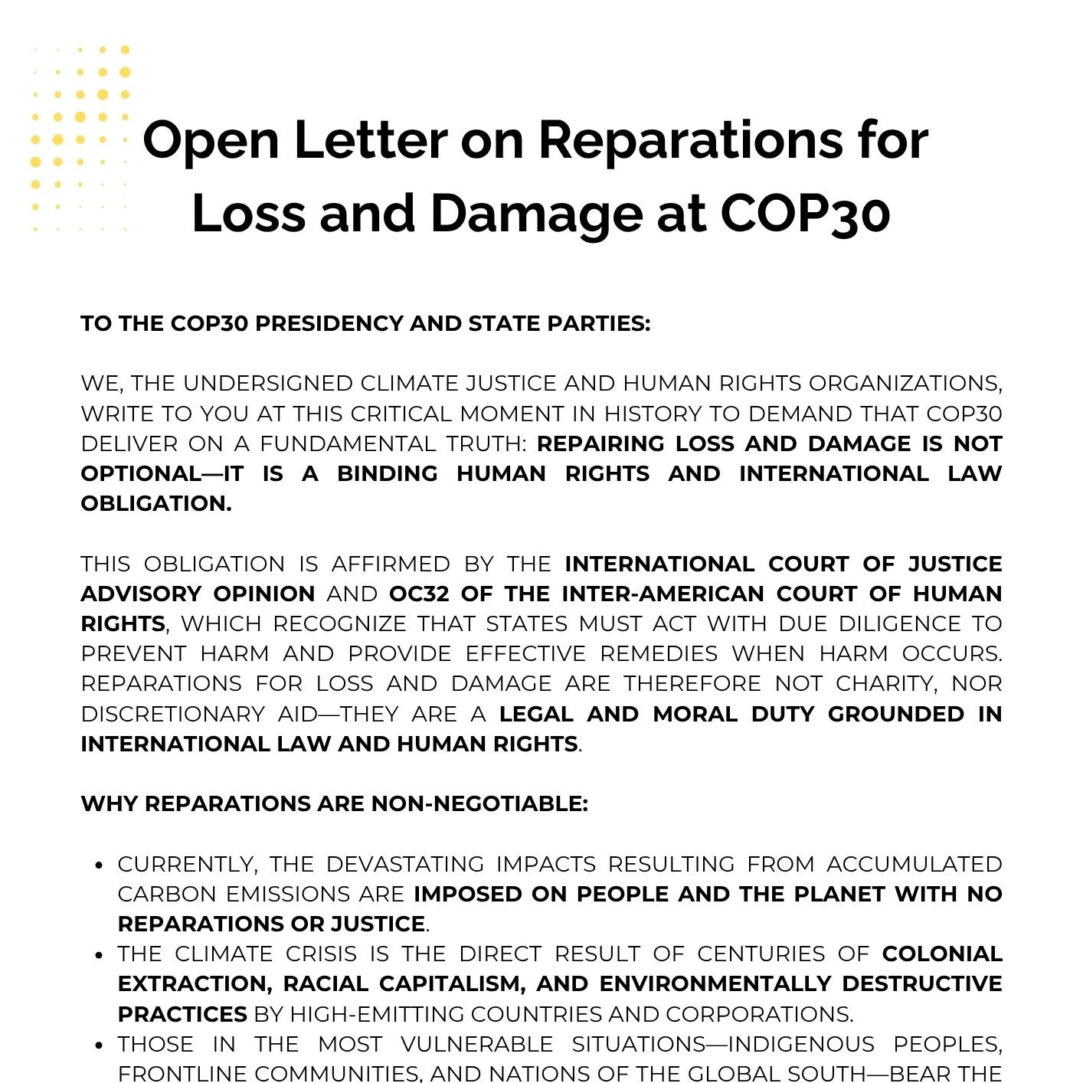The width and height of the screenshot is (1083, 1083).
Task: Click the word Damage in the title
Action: (x=536, y=214)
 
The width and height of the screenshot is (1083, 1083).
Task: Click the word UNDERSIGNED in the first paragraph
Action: (x=268, y=383)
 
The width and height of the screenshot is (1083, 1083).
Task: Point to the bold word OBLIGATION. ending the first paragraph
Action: (x=156, y=503)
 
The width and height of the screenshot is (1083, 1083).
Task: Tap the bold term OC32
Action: (x=419, y=594)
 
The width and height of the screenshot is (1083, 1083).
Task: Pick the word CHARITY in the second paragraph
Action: (x=886, y=683)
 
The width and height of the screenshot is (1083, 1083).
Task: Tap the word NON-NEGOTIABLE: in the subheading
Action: (x=479, y=803)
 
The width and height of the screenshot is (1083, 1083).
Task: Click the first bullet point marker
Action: (x=98, y=865)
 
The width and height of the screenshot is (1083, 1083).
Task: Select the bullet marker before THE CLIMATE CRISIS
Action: (x=98, y=954)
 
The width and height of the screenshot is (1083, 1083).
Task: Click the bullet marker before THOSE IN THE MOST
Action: (x=98, y=1045)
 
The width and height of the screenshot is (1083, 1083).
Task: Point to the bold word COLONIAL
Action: (x=941, y=954)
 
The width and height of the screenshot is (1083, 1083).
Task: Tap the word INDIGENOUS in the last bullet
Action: (x=800, y=1044)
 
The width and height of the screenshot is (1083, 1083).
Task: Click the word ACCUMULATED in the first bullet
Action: (x=914, y=864)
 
